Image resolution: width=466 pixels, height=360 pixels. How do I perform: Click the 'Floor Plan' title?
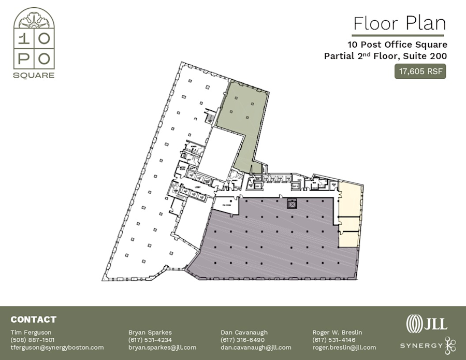pos(399,23)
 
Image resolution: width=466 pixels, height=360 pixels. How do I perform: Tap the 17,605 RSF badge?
pos(421,71)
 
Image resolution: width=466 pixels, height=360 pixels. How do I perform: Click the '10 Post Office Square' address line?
pos(397,45)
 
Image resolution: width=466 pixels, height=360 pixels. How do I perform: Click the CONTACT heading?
pos(33,320)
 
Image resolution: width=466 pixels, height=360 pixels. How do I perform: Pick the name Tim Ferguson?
pos(31,332)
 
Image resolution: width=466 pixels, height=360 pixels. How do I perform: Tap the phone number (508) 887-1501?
pos(32,340)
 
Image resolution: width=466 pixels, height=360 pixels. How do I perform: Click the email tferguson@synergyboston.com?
pos(57,348)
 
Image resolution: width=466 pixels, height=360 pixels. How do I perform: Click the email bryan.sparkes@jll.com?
pos(162,348)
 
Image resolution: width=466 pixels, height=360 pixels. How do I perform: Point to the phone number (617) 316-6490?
pos(242,340)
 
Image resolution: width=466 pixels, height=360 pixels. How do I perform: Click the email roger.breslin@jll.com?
pos(344,348)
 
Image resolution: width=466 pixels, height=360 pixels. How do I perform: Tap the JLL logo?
pos(427,323)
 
